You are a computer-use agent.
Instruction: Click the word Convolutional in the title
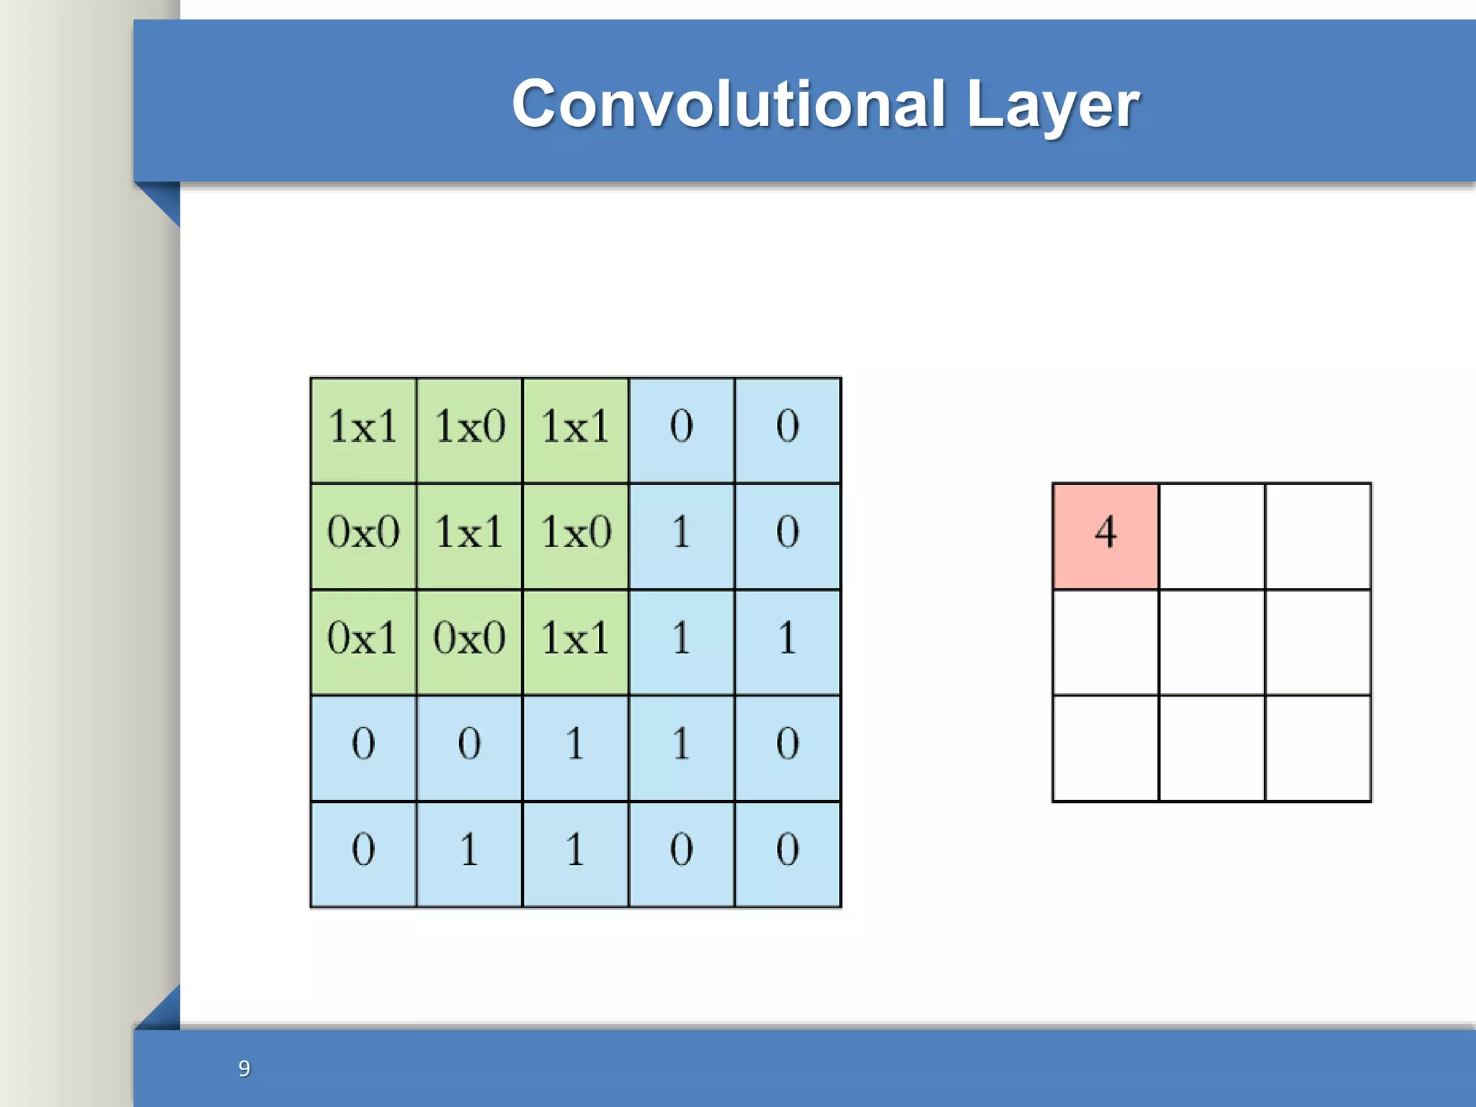point(728,105)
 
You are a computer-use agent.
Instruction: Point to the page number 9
point(244,1068)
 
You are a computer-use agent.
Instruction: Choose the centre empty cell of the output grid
point(1212,642)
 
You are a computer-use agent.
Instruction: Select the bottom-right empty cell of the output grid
point(1317,748)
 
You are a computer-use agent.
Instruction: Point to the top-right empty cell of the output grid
point(1317,535)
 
